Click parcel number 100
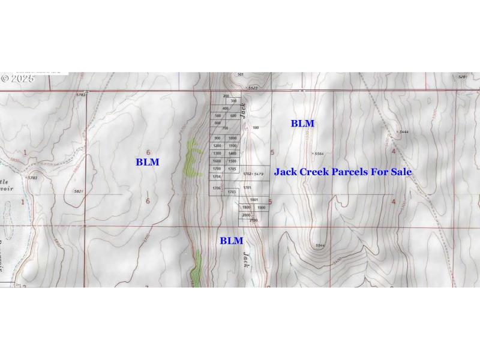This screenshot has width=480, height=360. tap(256, 128)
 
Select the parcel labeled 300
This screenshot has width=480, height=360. tap(233, 101)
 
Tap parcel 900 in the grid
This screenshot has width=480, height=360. tap(217, 138)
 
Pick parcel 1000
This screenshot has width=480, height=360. tap(233, 138)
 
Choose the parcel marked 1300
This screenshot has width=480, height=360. tap(217, 154)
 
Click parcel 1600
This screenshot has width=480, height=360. tap(217, 161)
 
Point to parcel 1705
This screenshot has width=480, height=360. tap(233, 169)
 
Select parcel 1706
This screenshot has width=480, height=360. tap(217, 188)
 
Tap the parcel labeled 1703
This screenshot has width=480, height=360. tap(232, 192)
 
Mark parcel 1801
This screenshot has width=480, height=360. tap(254, 199)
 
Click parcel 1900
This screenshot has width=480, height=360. tap(261, 207)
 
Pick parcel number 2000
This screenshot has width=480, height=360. tap(246, 215)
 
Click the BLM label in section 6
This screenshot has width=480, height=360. tap(147, 162)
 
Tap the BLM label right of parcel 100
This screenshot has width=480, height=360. tap(302, 124)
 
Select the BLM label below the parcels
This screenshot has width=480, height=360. tap(231, 241)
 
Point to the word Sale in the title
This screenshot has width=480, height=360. tap(401, 172)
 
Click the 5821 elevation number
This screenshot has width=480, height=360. tap(78, 191)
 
